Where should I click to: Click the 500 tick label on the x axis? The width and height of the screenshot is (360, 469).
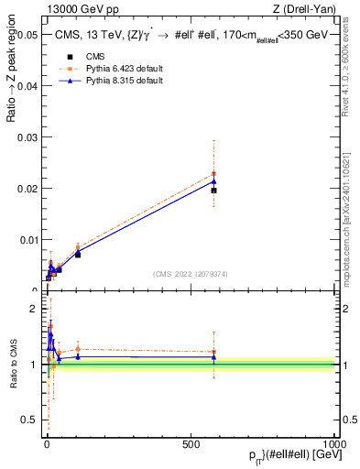(191, 443)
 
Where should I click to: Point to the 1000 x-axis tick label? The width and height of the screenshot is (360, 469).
(336, 443)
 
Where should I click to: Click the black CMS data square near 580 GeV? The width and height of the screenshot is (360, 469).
(213, 191)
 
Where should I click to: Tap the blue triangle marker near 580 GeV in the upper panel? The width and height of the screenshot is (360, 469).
(213, 180)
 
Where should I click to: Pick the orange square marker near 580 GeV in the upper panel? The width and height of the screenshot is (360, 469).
(213, 173)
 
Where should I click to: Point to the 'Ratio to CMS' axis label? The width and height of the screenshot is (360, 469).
(13, 365)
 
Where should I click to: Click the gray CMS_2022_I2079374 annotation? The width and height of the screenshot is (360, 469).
(191, 273)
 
